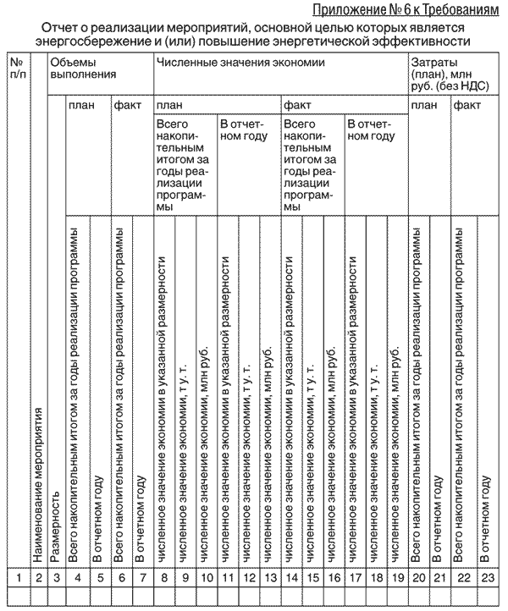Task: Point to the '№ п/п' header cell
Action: coord(16,69)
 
